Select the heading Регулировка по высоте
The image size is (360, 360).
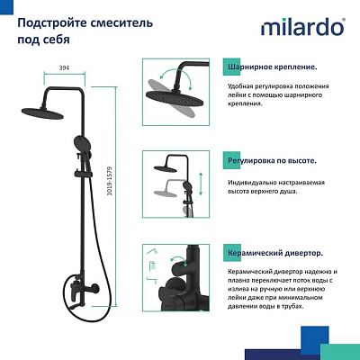pyautogui.click(x=274, y=159)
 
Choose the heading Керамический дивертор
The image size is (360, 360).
pyautogui.click(x=275, y=254)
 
